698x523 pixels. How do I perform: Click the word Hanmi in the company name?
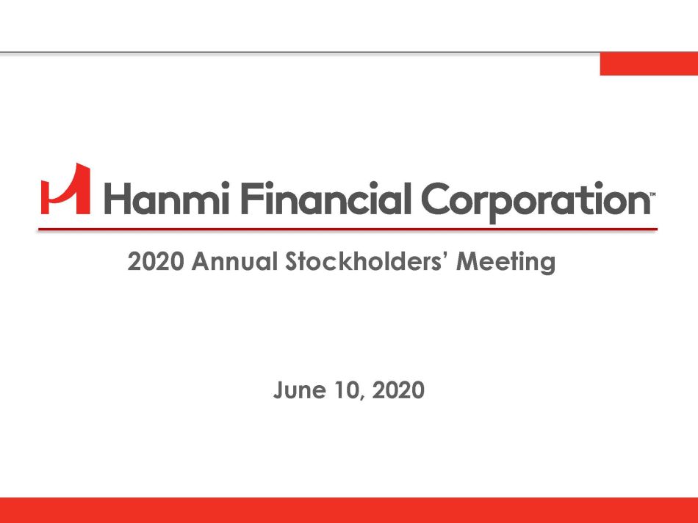pyautogui.click(x=167, y=198)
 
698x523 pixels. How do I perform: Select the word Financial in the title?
pyautogui.click(x=325, y=198)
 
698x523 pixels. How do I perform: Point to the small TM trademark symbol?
pyautogui.click(x=653, y=194)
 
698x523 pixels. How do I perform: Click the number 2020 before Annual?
pyautogui.click(x=155, y=261)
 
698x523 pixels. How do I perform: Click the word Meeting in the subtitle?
pyautogui.click(x=506, y=262)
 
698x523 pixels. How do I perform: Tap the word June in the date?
pyautogui.click(x=300, y=390)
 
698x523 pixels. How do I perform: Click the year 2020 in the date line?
pyautogui.click(x=398, y=390)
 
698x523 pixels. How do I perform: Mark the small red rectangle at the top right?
pyautogui.click(x=649, y=64)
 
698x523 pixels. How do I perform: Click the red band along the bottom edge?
pyautogui.click(x=349, y=510)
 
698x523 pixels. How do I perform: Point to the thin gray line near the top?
pyautogui.click(x=300, y=53)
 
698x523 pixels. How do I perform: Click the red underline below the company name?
pyautogui.click(x=348, y=230)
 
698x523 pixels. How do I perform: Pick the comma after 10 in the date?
pyautogui.click(x=362, y=398)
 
